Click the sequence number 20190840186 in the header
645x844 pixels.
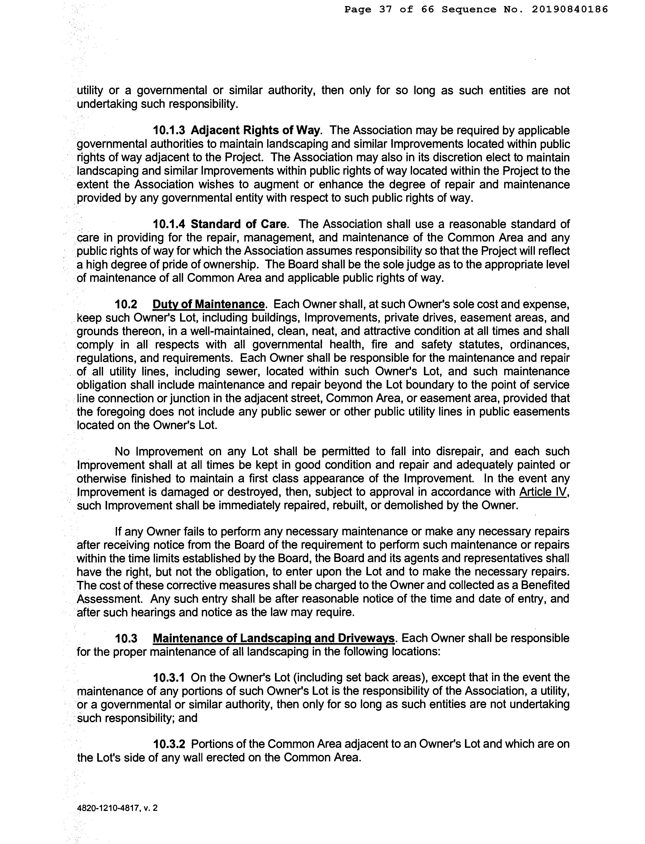click(570, 9)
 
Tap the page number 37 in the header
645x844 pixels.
click(385, 9)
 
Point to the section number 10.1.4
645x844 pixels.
click(169, 224)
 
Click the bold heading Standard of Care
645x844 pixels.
click(238, 224)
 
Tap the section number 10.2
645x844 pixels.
click(126, 304)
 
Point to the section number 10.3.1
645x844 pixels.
click(169, 677)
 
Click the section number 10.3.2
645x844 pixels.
click(169, 744)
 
